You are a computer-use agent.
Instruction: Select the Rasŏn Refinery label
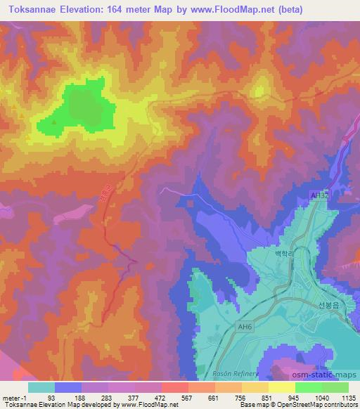tap(240, 374)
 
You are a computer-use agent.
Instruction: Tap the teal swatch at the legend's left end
tap(41, 387)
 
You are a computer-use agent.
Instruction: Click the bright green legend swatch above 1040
tap(309, 387)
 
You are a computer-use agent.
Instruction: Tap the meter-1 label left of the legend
tap(15, 397)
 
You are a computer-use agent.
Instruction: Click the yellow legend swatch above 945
tap(282, 387)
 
